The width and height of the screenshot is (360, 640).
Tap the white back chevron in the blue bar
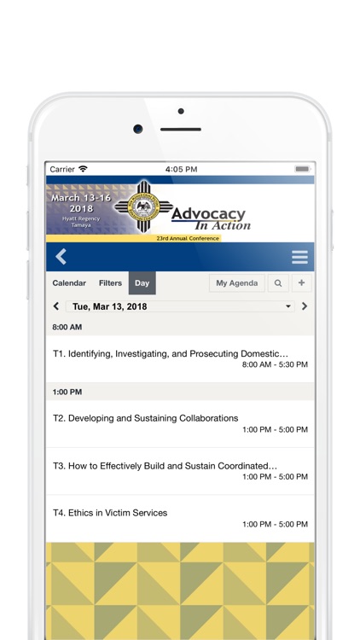(61, 257)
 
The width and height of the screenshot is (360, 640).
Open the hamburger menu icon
(299, 257)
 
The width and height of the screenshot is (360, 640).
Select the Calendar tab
(69, 283)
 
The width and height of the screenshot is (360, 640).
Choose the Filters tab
(110, 283)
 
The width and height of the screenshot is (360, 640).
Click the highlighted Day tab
(142, 283)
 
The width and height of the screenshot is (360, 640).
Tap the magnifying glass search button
(278, 283)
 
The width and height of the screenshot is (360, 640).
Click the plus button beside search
(302, 283)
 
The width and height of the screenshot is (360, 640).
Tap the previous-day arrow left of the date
(56, 306)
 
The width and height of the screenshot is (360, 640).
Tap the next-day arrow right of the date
(305, 306)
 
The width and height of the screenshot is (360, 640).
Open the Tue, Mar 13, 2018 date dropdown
(180, 306)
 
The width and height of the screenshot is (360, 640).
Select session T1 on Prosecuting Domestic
(180, 358)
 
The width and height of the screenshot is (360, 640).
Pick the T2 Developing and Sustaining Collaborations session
(180, 423)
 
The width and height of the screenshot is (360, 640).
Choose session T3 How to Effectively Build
(180, 471)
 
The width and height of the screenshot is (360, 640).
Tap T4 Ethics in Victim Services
(180, 518)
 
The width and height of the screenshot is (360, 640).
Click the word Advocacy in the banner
(208, 214)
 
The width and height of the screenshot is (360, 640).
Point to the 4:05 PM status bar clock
(181, 169)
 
